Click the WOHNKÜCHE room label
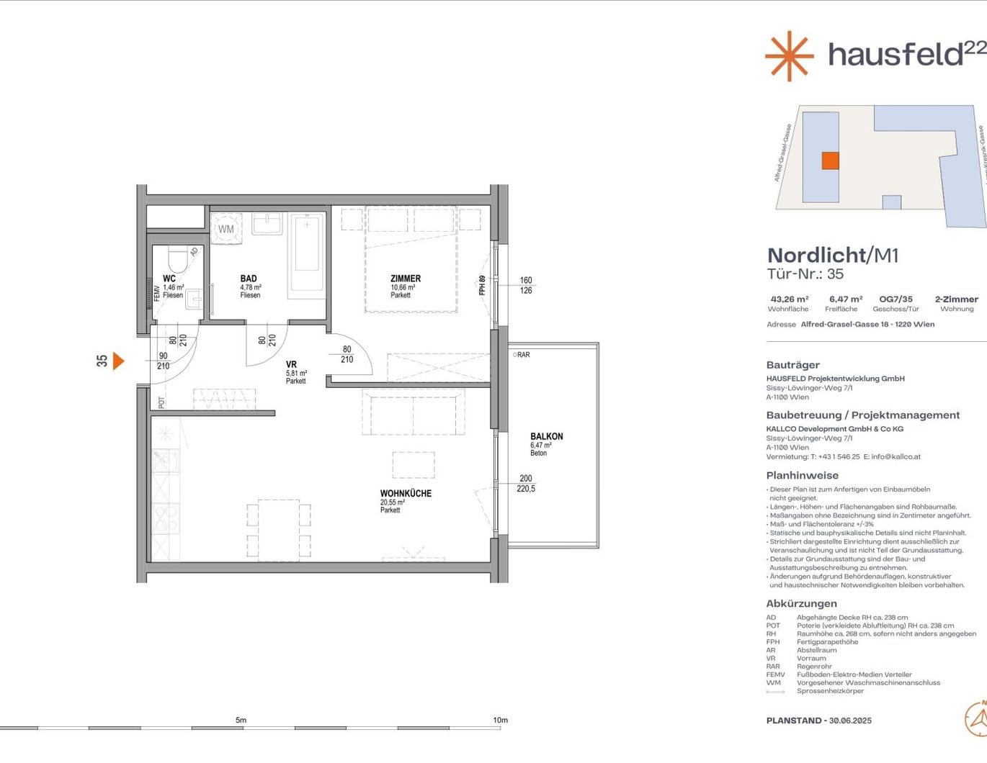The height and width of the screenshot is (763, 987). click(x=406, y=494)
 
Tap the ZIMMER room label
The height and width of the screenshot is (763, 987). click(x=406, y=279)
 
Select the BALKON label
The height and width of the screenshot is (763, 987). click(x=546, y=436)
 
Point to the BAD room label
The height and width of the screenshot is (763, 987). click(x=249, y=279)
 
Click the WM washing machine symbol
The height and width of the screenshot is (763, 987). click(x=226, y=229)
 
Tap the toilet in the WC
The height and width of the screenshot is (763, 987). click(x=177, y=259)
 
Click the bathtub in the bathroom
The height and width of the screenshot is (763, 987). click(x=307, y=253)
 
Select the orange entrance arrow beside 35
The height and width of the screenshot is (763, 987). click(x=118, y=361)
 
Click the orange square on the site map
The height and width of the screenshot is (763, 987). click(x=830, y=161)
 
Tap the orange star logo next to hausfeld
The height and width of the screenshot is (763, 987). click(x=789, y=55)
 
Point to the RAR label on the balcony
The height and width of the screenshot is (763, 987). click(x=522, y=355)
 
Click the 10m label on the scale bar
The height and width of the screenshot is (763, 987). click(x=500, y=720)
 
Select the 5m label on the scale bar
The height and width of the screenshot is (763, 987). click(x=241, y=720)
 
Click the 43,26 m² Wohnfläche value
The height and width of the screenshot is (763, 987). click(x=789, y=299)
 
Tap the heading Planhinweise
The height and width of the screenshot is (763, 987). click(x=802, y=475)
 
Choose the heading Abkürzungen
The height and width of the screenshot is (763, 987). click(x=801, y=604)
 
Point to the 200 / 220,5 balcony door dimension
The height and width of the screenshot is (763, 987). click(x=526, y=483)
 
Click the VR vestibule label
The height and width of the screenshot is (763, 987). click(x=291, y=365)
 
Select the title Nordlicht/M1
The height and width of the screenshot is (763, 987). click(x=832, y=255)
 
